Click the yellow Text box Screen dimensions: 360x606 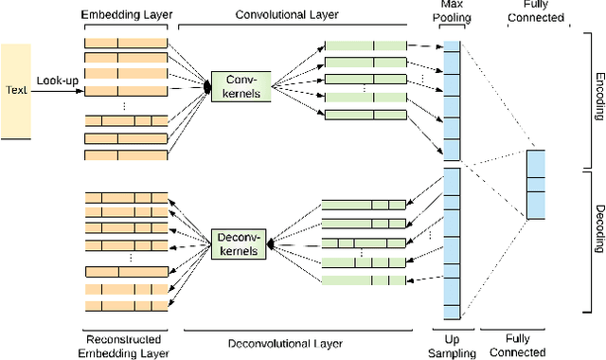[15, 89]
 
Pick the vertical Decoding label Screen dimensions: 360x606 [597, 241]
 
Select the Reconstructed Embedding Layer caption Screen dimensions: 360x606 [125, 345]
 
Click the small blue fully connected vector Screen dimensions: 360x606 [536, 185]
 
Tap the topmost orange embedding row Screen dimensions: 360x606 [125, 44]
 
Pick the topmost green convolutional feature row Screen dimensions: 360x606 [365, 45]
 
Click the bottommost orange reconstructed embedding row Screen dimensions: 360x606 [125, 306]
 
